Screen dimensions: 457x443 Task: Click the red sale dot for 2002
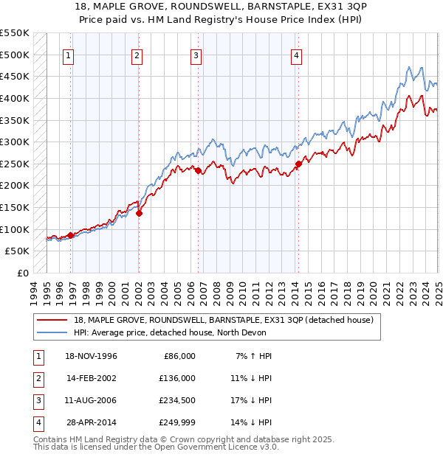point(139,214)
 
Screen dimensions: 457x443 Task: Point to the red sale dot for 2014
point(298,164)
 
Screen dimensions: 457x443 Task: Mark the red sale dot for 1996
point(71,235)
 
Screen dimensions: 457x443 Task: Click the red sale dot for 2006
point(198,170)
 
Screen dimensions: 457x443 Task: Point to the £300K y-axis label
point(15,142)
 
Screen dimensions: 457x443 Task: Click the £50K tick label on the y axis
point(18,251)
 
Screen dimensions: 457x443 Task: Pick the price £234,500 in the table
point(176,400)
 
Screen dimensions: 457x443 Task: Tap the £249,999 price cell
point(176,422)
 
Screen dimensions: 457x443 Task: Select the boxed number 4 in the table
point(35,422)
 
